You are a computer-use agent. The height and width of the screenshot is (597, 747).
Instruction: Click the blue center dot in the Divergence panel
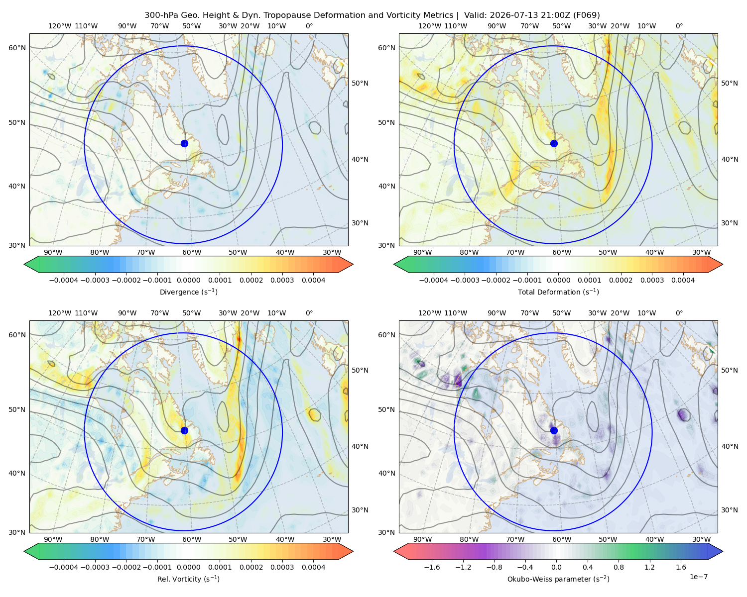click(x=184, y=143)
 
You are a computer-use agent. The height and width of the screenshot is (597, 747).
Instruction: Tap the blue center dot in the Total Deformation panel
click(x=554, y=143)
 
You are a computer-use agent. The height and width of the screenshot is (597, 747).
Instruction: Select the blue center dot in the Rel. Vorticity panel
click(x=184, y=430)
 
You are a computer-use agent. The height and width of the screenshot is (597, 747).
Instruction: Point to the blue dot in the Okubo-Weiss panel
click(x=554, y=430)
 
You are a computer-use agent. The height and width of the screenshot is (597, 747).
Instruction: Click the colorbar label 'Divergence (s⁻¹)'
click(x=188, y=292)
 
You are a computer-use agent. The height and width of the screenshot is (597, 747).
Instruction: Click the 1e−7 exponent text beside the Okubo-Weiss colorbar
click(x=698, y=577)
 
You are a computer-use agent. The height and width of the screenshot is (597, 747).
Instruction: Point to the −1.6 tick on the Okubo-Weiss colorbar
click(x=432, y=567)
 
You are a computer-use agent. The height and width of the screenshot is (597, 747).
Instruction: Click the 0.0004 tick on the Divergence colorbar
click(x=313, y=280)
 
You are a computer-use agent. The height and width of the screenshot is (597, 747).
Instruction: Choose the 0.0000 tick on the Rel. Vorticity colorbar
click(x=188, y=567)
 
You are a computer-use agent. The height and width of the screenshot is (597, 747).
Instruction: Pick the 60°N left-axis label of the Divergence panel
click(x=17, y=48)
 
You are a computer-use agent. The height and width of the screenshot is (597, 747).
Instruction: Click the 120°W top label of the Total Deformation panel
click(x=429, y=26)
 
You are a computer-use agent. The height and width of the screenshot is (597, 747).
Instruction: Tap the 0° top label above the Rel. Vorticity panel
click(x=309, y=313)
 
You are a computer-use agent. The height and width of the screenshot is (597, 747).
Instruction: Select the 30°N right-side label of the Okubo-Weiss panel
click(x=730, y=509)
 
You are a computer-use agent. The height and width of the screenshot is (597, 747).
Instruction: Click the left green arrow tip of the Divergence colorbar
click(x=24, y=264)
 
